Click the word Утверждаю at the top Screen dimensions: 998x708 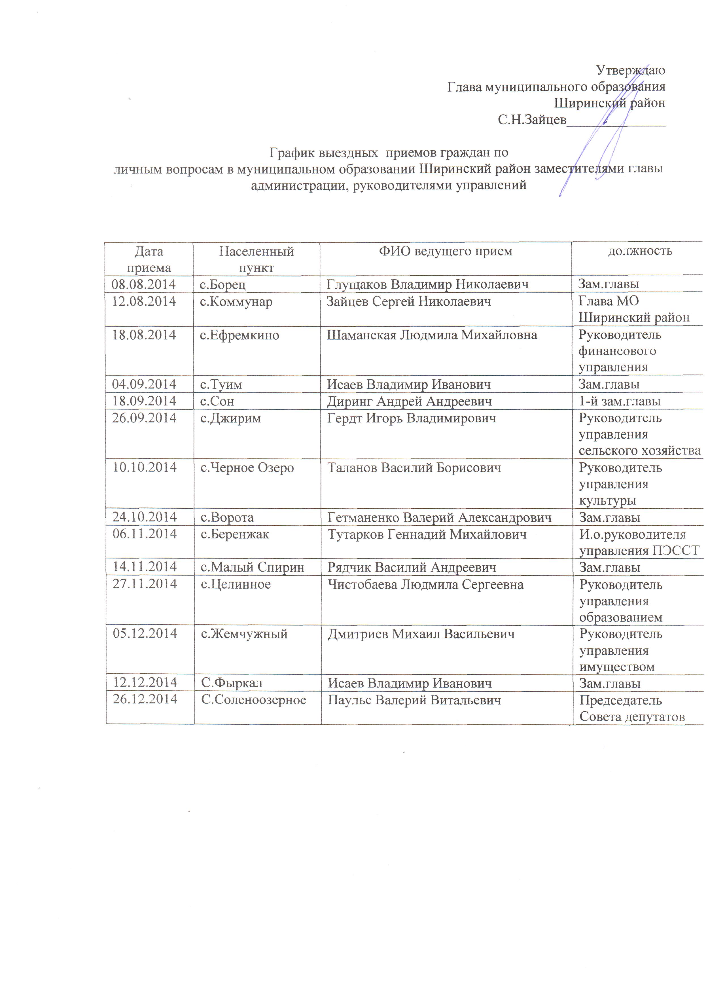coord(630,70)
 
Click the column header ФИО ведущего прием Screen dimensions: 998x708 coord(445,251)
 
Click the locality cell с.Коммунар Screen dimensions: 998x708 coord(236,302)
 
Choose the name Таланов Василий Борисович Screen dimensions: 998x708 coord(414,468)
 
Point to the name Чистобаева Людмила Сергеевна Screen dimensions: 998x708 coord(425,584)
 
